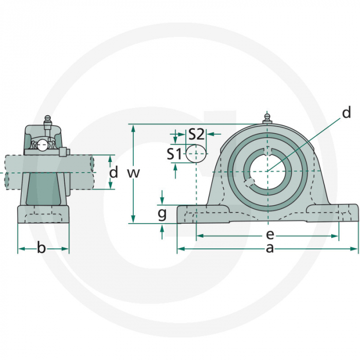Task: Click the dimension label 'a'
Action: pyautogui.click(x=268, y=249)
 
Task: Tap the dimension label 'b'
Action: pyautogui.click(x=42, y=249)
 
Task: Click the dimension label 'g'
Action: pyautogui.click(x=162, y=212)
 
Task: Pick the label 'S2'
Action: pyautogui.click(x=196, y=134)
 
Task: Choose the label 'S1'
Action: pyautogui.click(x=174, y=153)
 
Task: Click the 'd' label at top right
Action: pyautogui.click(x=346, y=113)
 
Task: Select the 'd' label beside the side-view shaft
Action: pyautogui.click(x=114, y=172)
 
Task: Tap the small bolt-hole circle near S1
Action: pyautogui.click(x=196, y=153)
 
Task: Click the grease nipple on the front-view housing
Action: pyautogui.click(x=267, y=118)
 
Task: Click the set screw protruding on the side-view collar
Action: pyautogui.click(x=64, y=152)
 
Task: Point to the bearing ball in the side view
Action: pyautogui.click(x=42, y=146)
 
